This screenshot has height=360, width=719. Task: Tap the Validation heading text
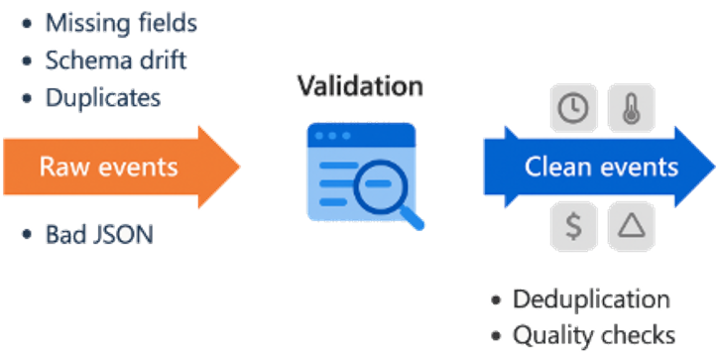360,86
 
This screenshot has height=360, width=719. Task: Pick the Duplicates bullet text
103,97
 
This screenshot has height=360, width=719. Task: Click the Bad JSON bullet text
98,235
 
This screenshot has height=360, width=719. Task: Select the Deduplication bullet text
591,299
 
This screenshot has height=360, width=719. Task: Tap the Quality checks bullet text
594,334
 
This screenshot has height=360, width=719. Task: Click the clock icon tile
572,110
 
